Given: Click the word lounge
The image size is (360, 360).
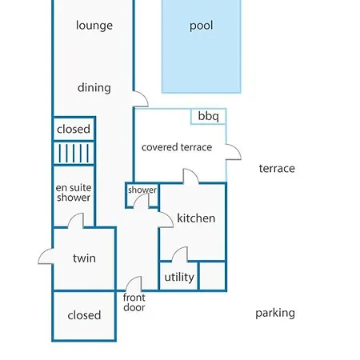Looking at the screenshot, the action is tap(94, 26).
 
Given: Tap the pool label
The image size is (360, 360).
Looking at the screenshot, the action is tap(201, 26).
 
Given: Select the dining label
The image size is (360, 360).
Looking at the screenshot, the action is tap(94, 88).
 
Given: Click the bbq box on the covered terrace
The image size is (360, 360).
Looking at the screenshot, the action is tap(209, 116).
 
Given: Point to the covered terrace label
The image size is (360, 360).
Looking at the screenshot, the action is tap(177, 147).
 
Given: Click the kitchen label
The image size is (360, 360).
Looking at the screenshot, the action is tap(196, 218).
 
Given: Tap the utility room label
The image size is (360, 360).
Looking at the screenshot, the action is tap(179, 278).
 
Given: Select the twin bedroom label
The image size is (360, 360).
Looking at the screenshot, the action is tap(84, 258).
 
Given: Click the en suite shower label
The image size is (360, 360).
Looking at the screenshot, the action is tap(74, 193).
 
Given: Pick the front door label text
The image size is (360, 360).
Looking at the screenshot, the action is tap(134, 302).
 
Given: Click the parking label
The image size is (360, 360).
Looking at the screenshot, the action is tap(275, 314).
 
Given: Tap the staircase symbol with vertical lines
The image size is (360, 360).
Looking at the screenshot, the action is tap(74, 153).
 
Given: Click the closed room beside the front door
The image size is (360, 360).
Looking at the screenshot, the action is tap(84, 316).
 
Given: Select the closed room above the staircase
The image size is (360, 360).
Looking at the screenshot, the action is tap(74, 129).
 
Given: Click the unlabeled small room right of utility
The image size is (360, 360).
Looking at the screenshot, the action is tap(213, 276).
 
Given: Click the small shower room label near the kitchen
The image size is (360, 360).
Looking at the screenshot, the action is tap(142, 190).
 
